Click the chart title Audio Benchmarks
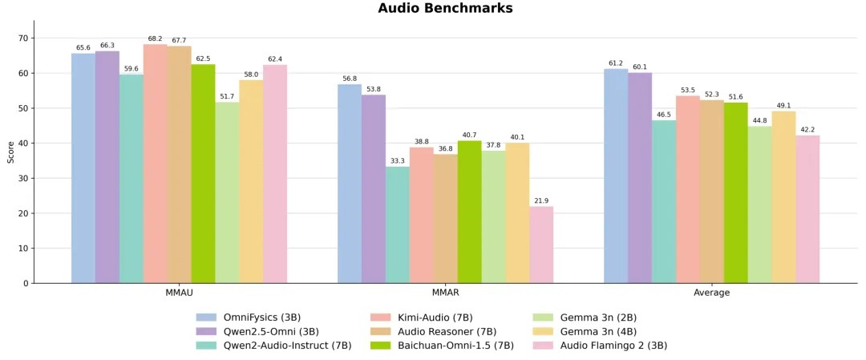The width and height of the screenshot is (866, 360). tap(445, 9)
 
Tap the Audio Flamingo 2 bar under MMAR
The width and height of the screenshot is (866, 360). tap(541, 245)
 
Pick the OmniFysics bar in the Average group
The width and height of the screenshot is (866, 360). tap(615, 176)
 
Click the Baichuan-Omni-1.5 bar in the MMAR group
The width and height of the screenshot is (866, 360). tap(469, 212)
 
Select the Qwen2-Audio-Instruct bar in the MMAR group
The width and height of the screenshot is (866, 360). tap(397, 225)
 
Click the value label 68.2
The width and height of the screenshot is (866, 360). tap(155, 38)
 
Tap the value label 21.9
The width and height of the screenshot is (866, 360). tap(541, 200)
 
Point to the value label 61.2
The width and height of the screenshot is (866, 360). tap(615, 63)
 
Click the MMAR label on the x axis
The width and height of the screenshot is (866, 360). tap(445, 293)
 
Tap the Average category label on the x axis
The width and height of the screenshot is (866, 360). tap(711, 293)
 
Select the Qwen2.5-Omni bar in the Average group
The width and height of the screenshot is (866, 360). tap(639, 178)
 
